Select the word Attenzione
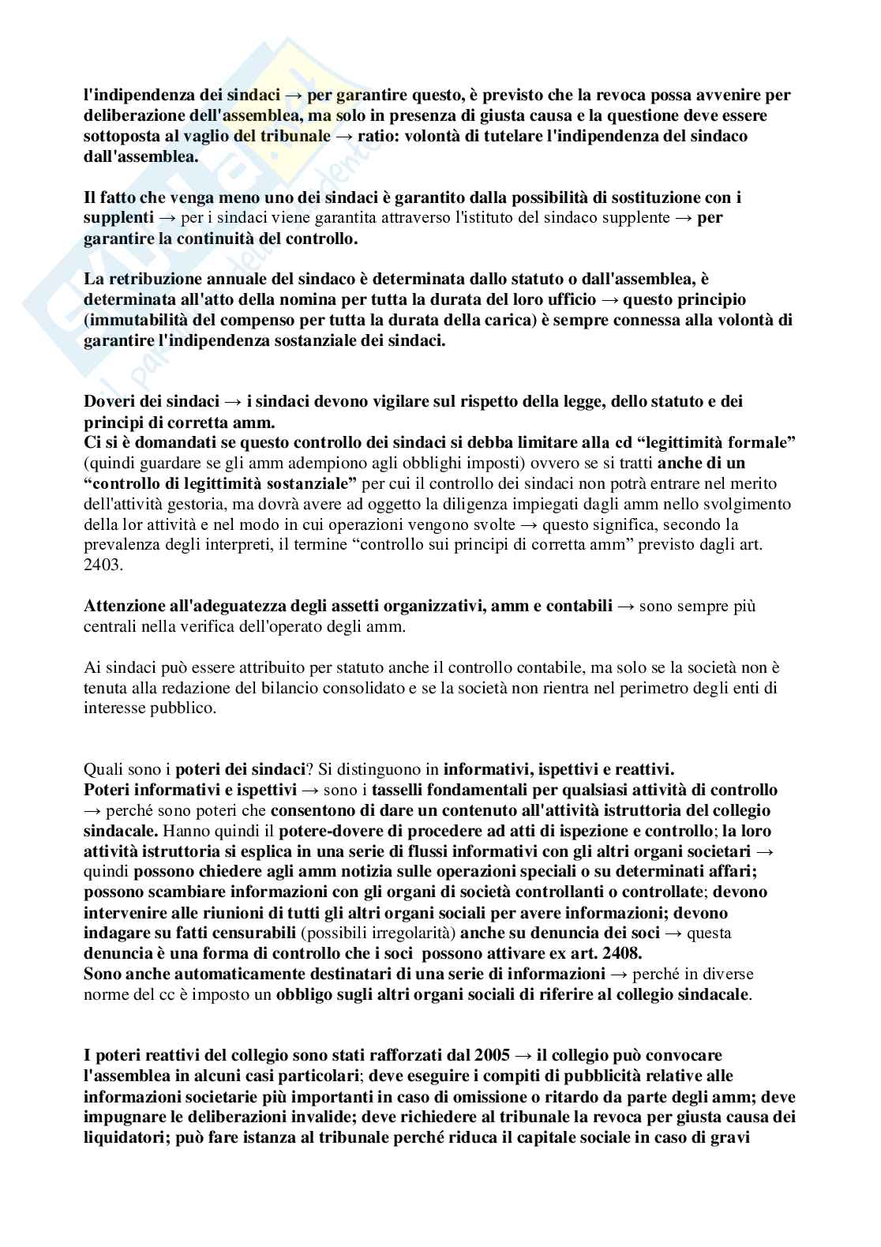pyautogui.click(x=122, y=607)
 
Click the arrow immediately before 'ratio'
pyautogui.click(x=344, y=136)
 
